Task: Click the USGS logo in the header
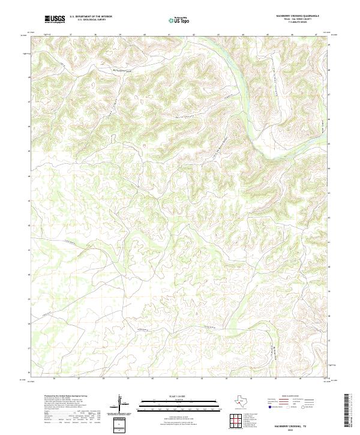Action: pyautogui.click(x=55, y=19)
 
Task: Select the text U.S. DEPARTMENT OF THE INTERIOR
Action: pyautogui.click(x=91, y=17)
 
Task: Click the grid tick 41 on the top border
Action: pyautogui.click(x=169, y=34)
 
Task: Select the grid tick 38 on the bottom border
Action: pyautogui.click(x=103, y=379)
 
